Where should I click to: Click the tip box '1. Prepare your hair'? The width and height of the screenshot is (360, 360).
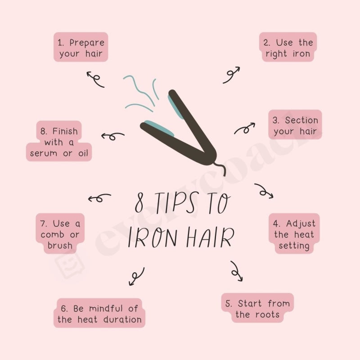81,48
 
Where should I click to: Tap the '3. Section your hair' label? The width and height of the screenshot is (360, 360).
295,126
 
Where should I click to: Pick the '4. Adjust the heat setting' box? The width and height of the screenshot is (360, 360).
294,234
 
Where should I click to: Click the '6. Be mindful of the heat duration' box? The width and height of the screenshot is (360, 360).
99,314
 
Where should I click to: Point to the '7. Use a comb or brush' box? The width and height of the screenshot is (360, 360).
60,234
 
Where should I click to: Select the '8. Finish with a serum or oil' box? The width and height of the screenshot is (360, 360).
59,142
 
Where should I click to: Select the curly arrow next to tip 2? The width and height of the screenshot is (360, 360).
231,75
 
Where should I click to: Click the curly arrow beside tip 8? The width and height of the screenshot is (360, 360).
112,135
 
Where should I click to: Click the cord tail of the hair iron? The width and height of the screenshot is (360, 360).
220,169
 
